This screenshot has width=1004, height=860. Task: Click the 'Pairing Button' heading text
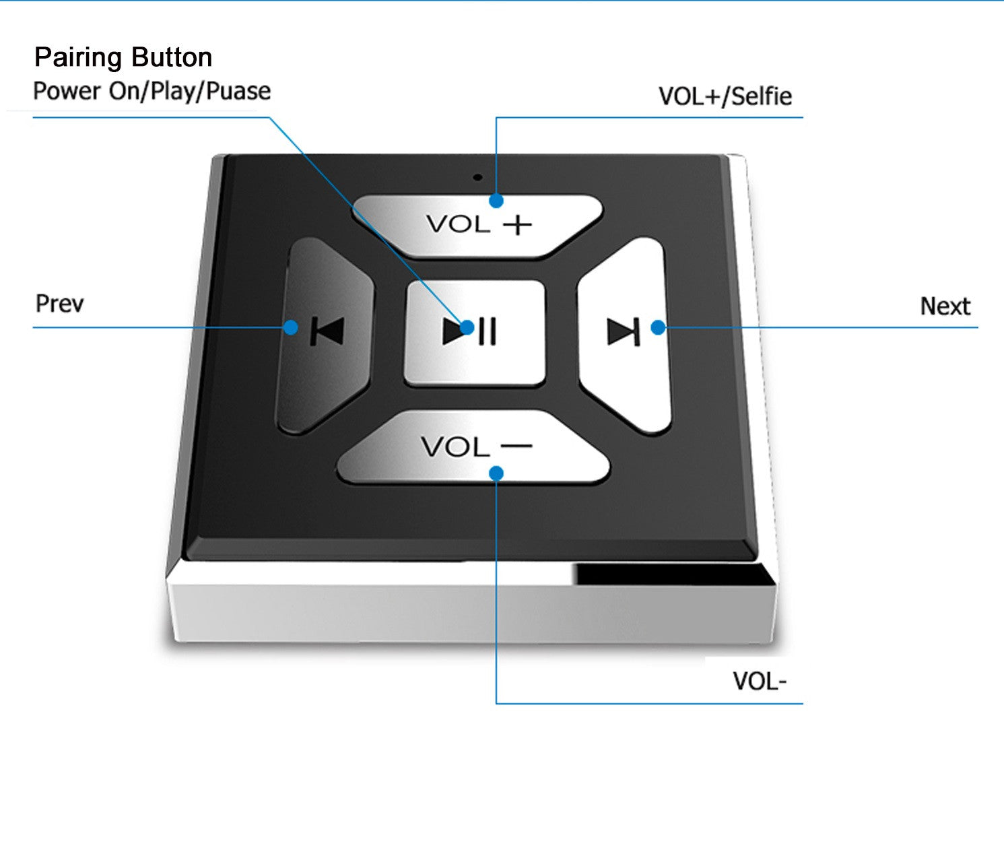pyautogui.click(x=123, y=57)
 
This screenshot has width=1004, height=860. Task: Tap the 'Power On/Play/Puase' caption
pyautogui.click(x=152, y=91)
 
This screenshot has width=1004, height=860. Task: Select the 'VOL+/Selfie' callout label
pyautogui.click(x=725, y=96)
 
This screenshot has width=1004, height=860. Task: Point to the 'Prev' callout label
pyautogui.click(x=59, y=304)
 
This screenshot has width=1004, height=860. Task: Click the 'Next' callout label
pyautogui.click(x=945, y=306)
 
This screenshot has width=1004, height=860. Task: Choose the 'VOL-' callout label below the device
pyautogui.click(x=760, y=681)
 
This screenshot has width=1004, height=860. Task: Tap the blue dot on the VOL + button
pyautogui.click(x=496, y=201)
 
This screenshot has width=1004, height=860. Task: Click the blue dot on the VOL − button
pyautogui.click(x=496, y=473)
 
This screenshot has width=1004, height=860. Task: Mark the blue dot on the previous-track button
pyautogui.click(x=290, y=327)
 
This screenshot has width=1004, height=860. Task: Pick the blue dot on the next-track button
pyautogui.click(x=658, y=328)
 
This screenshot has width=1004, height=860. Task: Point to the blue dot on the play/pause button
pyautogui.click(x=467, y=328)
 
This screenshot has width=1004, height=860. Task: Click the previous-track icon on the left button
pyautogui.click(x=327, y=331)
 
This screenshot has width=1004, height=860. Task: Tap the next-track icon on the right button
pyautogui.click(x=623, y=331)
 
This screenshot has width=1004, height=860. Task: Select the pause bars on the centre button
pyautogui.click(x=488, y=331)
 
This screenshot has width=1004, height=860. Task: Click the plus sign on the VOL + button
pyautogui.click(x=518, y=225)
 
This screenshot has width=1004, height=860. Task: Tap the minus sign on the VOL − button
pyautogui.click(x=516, y=445)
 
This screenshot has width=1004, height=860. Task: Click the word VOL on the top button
pyautogui.click(x=458, y=224)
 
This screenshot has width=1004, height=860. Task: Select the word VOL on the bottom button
pyautogui.click(x=455, y=446)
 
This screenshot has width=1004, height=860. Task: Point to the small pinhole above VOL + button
pyautogui.click(x=477, y=178)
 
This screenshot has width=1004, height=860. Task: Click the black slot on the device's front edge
pyautogui.click(x=673, y=574)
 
